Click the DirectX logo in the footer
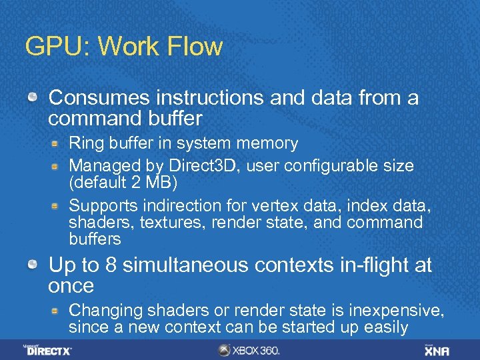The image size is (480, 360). [48, 349]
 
